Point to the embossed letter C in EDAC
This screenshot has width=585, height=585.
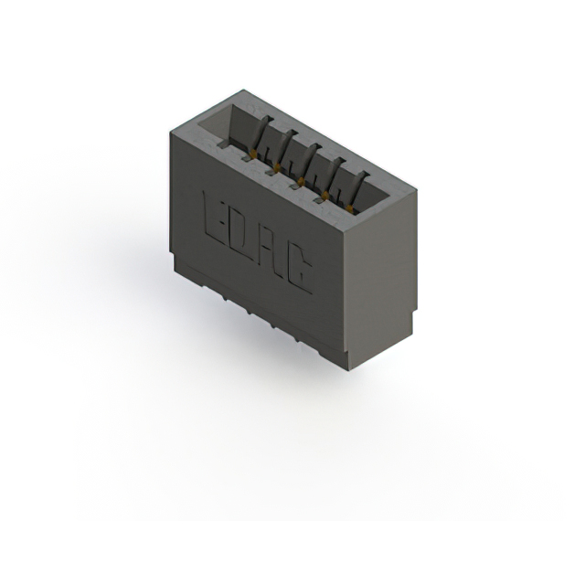pyautogui.click(x=300, y=268)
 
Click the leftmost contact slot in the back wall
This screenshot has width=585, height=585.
pyautogui.click(x=261, y=137)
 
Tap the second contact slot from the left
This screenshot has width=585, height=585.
pyautogui.click(x=284, y=149)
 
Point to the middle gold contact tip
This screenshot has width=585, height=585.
pyautogui.click(x=297, y=181)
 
